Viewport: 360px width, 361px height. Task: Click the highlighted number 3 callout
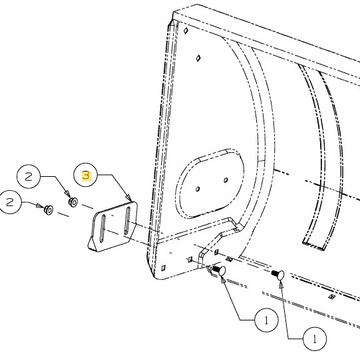click(87, 176)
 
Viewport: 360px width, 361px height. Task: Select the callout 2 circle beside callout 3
click(29, 177)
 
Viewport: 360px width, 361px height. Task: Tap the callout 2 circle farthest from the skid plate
click(10, 202)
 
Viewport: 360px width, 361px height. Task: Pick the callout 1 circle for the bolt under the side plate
click(266, 320)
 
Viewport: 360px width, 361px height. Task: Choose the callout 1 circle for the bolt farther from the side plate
click(315, 339)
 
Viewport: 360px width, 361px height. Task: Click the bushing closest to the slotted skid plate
click(73, 202)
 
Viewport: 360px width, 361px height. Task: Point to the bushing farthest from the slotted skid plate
click(49, 209)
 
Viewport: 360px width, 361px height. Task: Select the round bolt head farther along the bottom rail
click(281, 275)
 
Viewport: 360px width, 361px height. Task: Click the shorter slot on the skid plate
click(102, 229)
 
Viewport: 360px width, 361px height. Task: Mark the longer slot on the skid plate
click(127, 221)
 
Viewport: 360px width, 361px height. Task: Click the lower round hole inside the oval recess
click(198, 189)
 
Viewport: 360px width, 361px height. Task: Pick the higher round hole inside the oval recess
click(226, 180)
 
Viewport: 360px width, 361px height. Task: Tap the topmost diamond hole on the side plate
click(186, 31)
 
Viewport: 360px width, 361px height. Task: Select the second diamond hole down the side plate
click(198, 58)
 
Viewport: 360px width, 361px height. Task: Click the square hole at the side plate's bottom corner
click(164, 268)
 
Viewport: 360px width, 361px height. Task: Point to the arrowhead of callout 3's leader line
click(128, 198)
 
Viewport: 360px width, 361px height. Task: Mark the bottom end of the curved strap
click(314, 246)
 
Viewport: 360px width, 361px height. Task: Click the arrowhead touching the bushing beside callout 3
click(67, 193)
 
